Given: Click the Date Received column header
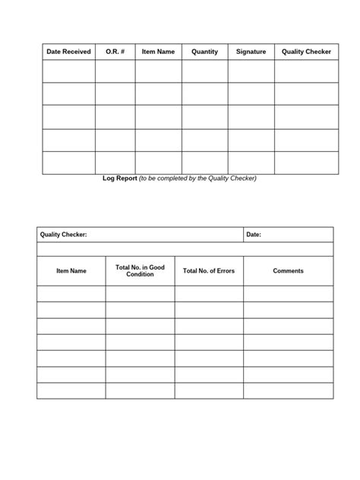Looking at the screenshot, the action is click(68, 52).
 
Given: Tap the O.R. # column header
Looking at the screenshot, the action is click(115, 52).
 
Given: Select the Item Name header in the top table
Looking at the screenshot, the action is click(158, 52).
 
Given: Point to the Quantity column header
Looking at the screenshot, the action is click(204, 52).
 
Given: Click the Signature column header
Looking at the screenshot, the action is click(251, 52).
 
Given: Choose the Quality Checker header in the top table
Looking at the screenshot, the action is click(306, 52).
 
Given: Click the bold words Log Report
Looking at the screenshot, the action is click(120, 178).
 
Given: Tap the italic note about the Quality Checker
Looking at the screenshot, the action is click(198, 178).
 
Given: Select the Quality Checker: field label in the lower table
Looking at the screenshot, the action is click(64, 235).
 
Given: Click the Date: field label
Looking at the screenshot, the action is click(254, 235).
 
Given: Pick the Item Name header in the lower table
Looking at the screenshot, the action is click(71, 271).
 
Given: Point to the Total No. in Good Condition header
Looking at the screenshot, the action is click(140, 271).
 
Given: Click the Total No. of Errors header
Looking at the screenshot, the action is click(209, 271).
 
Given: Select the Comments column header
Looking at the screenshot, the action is click(288, 271).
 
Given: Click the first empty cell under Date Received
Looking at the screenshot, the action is click(68, 71).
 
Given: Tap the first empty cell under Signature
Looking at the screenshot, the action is click(251, 71).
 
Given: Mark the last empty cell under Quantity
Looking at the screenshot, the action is click(204, 163).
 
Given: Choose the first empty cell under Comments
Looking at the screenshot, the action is click(288, 293).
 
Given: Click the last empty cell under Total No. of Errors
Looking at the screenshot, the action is click(209, 390).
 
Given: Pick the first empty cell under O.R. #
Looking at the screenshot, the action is click(115, 71).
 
